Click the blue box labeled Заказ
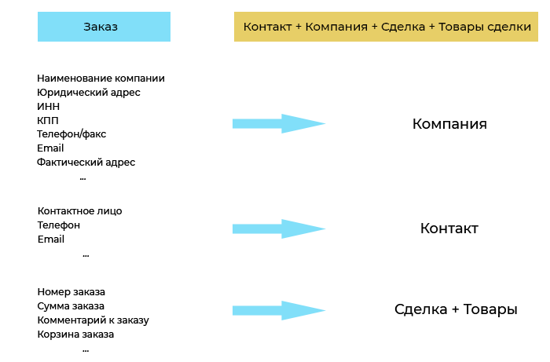click(104, 27)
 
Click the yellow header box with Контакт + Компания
click(386, 27)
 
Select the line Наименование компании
click(101, 79)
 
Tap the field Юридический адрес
click(88, 93)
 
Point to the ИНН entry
click(49, 106)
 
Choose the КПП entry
click(48, 120)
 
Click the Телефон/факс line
click(71, 133)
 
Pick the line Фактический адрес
click(86, 163)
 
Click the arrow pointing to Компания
click(279, 123)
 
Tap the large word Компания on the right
click(449, 124)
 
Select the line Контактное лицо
click(79, 211)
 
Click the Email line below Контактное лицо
click(51, 239)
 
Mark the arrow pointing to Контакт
click(279, 229)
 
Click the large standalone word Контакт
click(449, 229)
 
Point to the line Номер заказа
click(71, 292)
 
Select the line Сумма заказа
click(71, 306)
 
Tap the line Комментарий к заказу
click(93, 320)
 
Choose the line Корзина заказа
click(75, 335)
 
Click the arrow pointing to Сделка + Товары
click(279, 310)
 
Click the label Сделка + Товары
click(456, 309)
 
